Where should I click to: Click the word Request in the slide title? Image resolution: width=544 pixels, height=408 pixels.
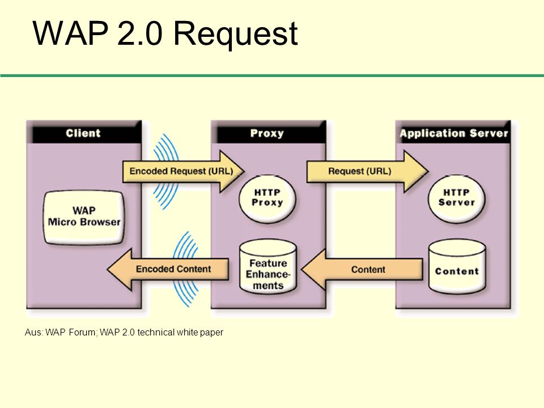click(235, 34)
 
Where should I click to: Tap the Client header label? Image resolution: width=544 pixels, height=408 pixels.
click(83, 133)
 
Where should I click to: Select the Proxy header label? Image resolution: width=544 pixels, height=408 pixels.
click(267, 134)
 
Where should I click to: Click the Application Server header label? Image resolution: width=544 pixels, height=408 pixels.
click(454, 134)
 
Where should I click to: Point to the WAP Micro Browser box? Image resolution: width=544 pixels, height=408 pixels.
click(84, 217)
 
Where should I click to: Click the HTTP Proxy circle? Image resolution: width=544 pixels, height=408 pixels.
click(267, 198)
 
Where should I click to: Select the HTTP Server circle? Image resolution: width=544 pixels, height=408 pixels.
click(456, 198)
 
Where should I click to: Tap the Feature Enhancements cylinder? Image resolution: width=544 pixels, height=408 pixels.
click(268, 266)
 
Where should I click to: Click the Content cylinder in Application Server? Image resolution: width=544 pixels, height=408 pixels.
click(457, 266)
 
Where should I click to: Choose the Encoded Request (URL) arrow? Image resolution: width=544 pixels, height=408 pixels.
click(184, 171)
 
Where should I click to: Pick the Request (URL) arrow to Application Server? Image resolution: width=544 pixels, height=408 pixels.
click(368, 171)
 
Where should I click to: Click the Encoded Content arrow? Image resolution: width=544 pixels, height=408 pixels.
click(168, 269)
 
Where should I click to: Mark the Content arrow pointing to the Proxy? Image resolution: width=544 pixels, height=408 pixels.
click(362, 269)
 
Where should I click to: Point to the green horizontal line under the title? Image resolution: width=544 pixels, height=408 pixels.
click(272, 75)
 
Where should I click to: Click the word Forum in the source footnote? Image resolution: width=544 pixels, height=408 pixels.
click(82, 333)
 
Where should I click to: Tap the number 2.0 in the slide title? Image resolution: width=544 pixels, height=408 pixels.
click(140, 33)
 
